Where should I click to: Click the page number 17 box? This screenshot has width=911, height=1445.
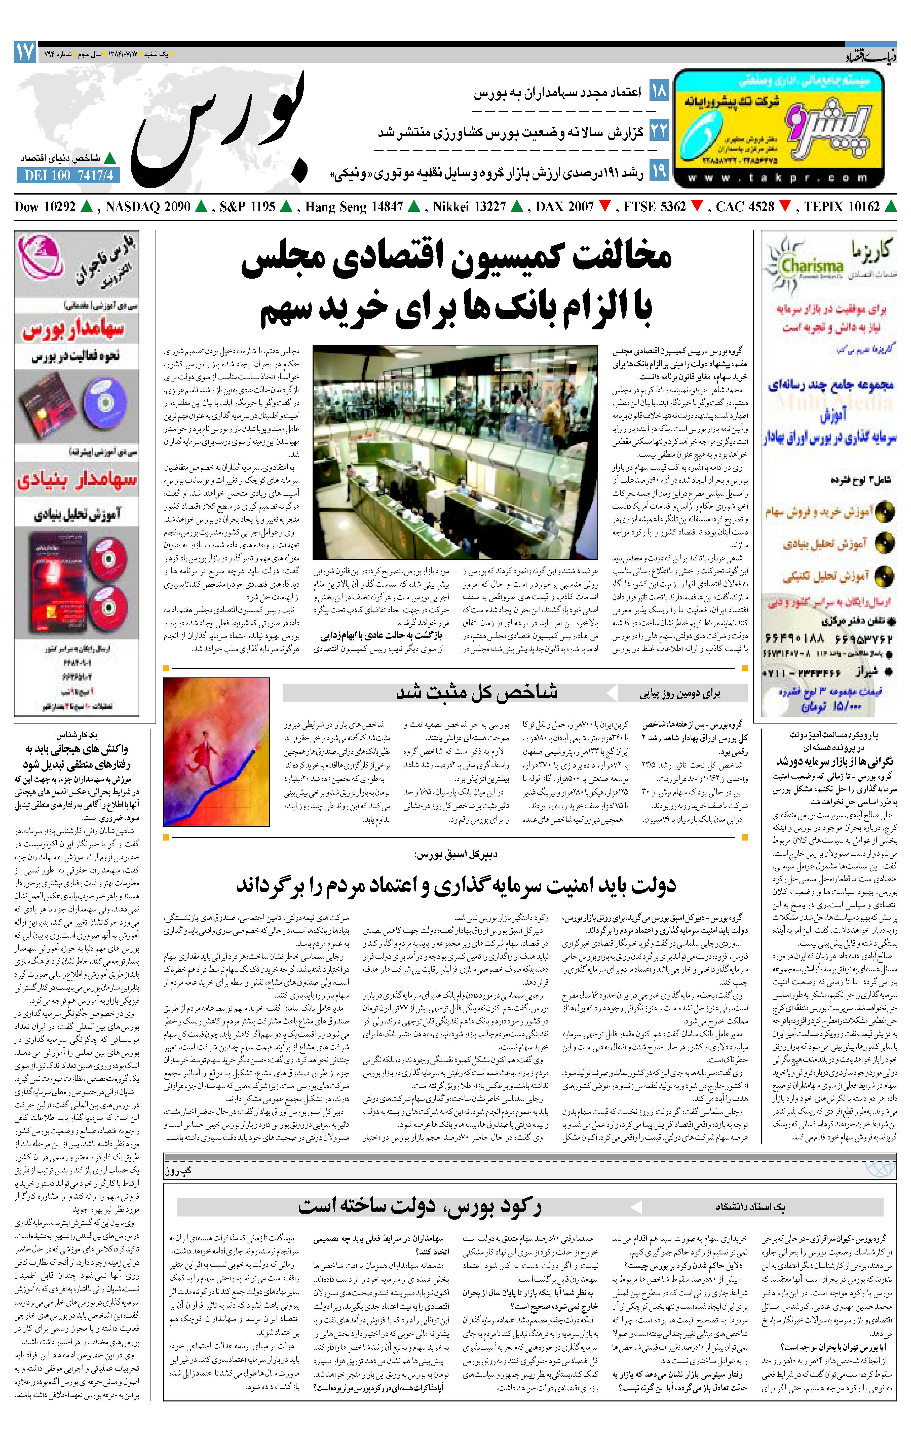coord(25,53)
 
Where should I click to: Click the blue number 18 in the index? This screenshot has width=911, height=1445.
coord(658,92)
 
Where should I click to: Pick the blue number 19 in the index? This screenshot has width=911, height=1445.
coord(658,172)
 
